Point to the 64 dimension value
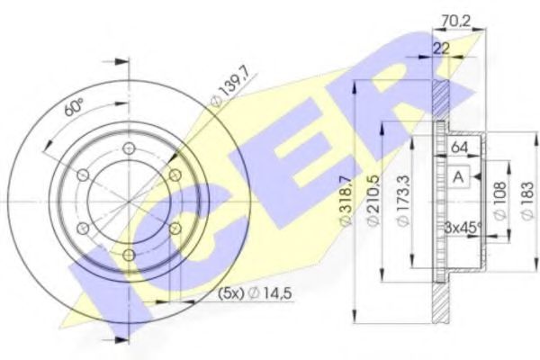coord(459,147)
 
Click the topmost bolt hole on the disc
coord(129,148)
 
